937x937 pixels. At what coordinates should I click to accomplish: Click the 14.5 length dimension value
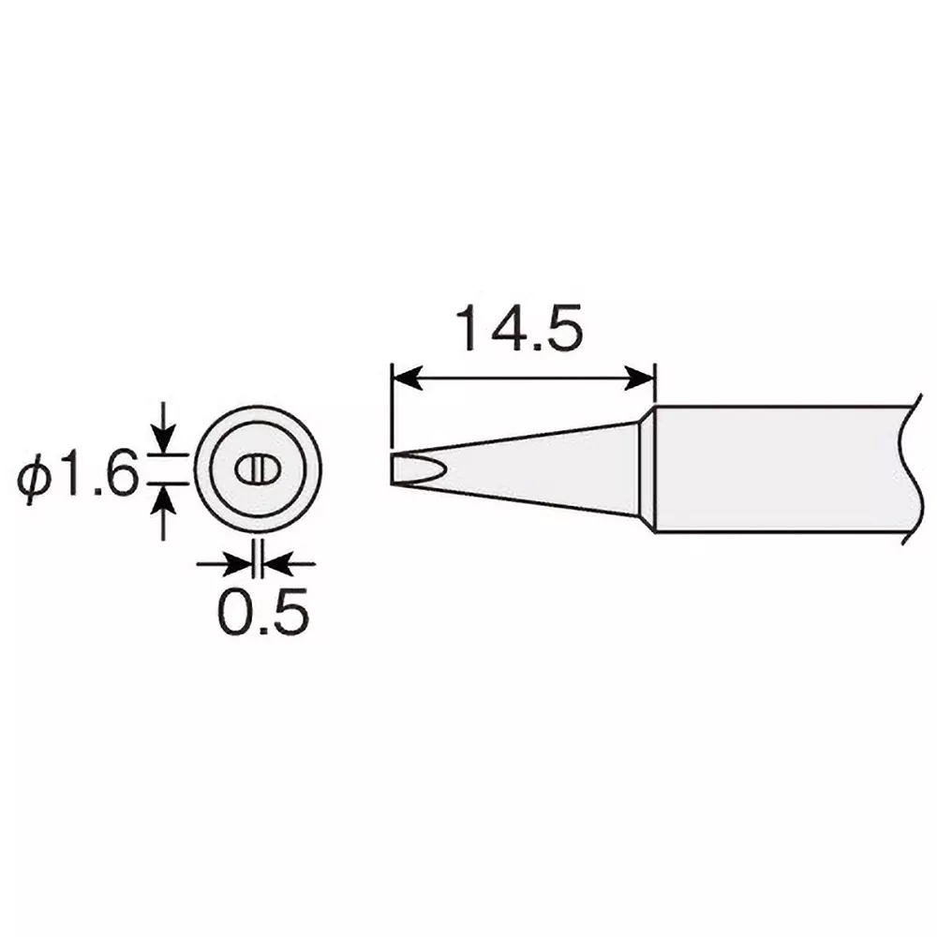click(518, 328)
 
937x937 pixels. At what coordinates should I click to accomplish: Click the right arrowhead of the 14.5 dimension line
click(642, 379)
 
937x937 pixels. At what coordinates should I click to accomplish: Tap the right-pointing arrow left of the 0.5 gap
click(242, 564)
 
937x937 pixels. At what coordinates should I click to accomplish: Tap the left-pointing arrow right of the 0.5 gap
click(278, 564)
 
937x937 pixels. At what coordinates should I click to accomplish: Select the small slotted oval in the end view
click(258, 469)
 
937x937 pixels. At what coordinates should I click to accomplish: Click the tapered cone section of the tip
click(543, 468)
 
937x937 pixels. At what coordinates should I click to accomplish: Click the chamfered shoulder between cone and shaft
click(647, 468)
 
